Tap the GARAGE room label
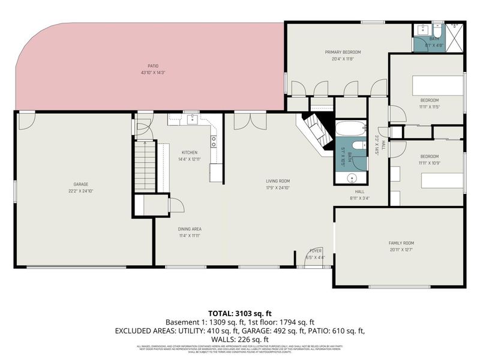point(81,184)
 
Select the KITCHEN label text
point(189,152)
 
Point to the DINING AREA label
point(189,229)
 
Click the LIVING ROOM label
point(278,181)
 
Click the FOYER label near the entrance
point(316,251)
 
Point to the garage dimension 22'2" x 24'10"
point(81,191)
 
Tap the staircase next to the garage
point(145,167)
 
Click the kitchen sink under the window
point(192,119)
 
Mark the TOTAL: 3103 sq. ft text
point(240,313)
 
